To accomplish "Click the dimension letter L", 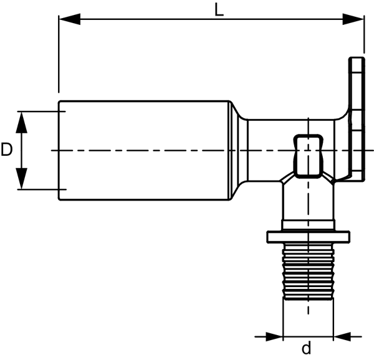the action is pyautogui.click(x=219, y=10).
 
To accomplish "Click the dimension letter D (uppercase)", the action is pyautogui.click(x=6, y=149).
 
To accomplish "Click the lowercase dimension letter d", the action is pyautogui.click(x=307, y=348).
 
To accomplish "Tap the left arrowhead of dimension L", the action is pyautogui.click(x=69, y=19).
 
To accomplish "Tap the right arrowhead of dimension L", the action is pyautogui.click(x=353, y=19).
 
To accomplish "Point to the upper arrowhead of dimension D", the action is pyautogui.click(x=21, y=122).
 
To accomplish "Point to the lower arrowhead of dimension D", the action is pyautogui.click(x=21, y=179).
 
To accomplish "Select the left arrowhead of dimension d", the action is pyautogui.click(x=274, y=336).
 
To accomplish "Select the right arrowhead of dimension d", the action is pyautogui.click(x=342, y=336).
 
